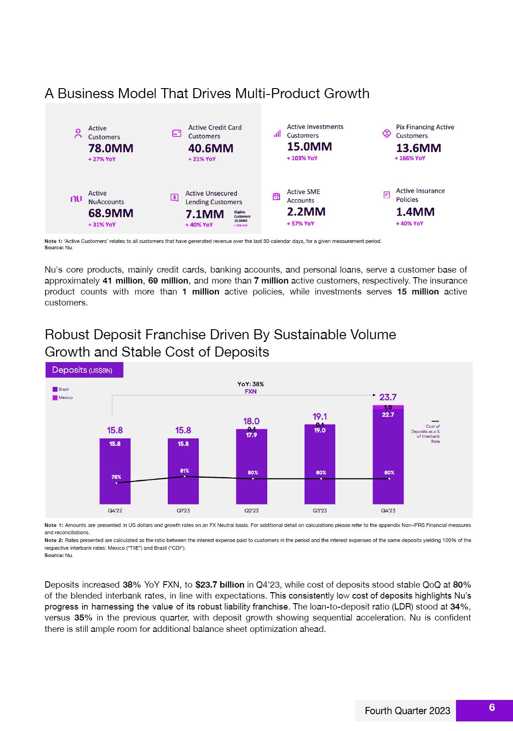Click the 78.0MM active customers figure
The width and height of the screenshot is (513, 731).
point(110,148)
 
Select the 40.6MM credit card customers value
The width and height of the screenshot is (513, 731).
point(211,148)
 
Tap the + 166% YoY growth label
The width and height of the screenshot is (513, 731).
point(410,158)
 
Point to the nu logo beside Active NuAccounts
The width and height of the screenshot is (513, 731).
point(76,199)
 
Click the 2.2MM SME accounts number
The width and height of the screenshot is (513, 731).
point(306,212)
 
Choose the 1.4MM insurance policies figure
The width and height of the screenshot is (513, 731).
point(415,212)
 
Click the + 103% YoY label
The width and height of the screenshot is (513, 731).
point(302,158)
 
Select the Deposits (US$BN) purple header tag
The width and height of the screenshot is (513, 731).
point(84,370)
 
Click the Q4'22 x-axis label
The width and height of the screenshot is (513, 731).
point(115,510)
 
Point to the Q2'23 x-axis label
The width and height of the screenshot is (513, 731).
point(252,510)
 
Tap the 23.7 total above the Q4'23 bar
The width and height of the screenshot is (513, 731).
point(388,397)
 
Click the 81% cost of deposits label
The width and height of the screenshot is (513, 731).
point(184,471)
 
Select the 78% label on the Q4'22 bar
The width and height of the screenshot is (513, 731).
point(116,477)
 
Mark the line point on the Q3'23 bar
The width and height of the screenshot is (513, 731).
point(321,479)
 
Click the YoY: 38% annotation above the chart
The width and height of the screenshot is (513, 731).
point(251,384)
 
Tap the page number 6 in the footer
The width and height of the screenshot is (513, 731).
point(492,708)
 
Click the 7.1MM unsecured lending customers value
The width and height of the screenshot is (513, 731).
point(205,214)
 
